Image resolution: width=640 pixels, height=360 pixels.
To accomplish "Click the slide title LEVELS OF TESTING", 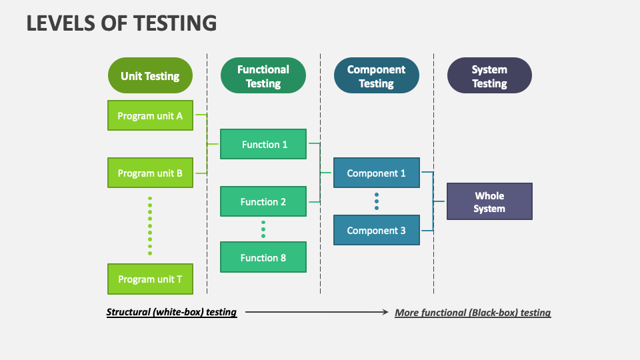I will pyautogui.click(x=121, y=23).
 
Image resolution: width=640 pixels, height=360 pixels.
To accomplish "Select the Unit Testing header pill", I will pyautogui.click(x=150, y=75).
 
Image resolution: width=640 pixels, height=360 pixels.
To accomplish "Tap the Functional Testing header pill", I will pyautogui.click(x=263, y=76).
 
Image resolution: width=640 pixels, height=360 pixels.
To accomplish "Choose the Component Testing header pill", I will pyautogui.click(x=377, y=76).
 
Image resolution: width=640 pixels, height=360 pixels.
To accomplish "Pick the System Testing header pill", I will pyautogui.click(x=489, y=76).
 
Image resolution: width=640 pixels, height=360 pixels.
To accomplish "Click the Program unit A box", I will pyautogui.click(x=150, y=115).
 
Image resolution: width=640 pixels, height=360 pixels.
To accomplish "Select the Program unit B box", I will pyautogui.click(x=150, y=173).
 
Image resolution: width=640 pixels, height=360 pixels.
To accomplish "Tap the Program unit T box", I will pyautogui.click(x=150, y=279).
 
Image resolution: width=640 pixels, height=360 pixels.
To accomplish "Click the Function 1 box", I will pyautogui.click(x=263, y=144).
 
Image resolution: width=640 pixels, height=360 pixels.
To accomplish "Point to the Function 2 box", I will pyautogui.click(x=263, y=201).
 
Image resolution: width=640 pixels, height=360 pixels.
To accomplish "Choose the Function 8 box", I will pyautogui.click(x=263, y=257).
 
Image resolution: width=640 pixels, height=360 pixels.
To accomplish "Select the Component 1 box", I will pyautogui.click(x=377, y=173).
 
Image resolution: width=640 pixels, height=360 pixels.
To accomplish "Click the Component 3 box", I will pyautogui.click(x=377, y=230).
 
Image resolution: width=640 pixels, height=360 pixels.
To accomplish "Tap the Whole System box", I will pyautogui.click(x=489, y=201).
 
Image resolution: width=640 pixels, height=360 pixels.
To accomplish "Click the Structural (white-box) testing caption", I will pyautogui.click(x=172, y=312).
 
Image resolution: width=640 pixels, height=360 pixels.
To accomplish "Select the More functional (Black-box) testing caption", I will pyautogui.click(x=473, y=312).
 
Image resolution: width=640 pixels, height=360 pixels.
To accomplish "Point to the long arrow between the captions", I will pyautogui.click(x=317, y=312).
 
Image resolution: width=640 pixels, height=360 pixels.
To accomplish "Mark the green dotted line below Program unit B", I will pyautogui.click(x=150, y=225).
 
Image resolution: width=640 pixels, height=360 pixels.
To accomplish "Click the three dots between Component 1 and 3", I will pyautogui.click(x=377, y=201).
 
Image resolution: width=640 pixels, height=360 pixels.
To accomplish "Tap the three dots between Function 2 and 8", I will pyautogui.click(x=263, y=229).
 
